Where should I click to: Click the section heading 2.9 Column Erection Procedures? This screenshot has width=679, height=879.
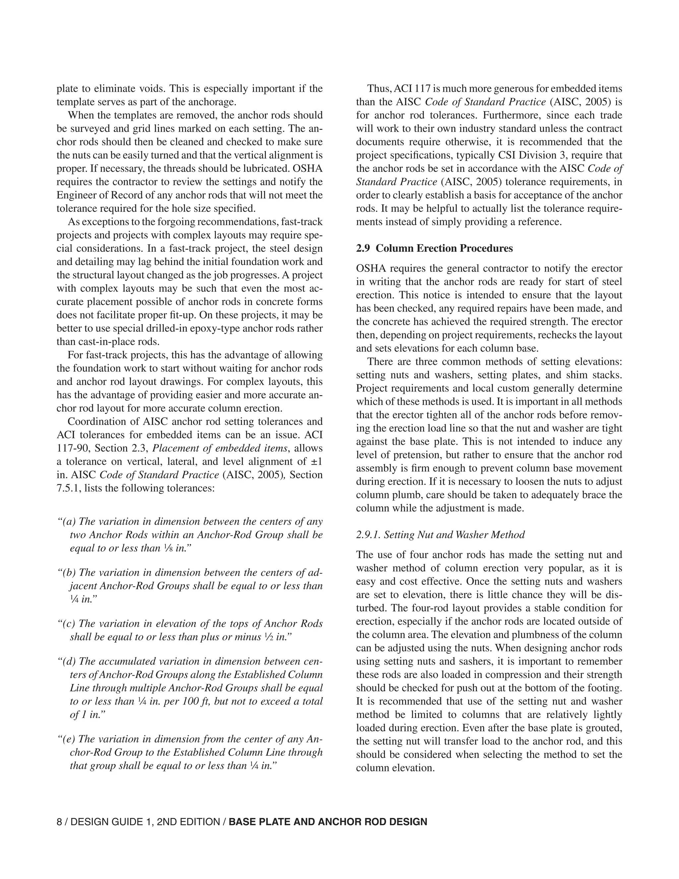click(x=434, y=248)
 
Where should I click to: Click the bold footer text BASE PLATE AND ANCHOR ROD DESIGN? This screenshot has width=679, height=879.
click(x=328, y=822)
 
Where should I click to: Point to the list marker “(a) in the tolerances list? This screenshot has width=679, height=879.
click(x=67, y=522)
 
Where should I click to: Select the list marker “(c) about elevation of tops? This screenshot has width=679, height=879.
click(x=67, y=624)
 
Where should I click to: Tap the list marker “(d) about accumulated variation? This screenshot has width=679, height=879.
click(x=67, y=661)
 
